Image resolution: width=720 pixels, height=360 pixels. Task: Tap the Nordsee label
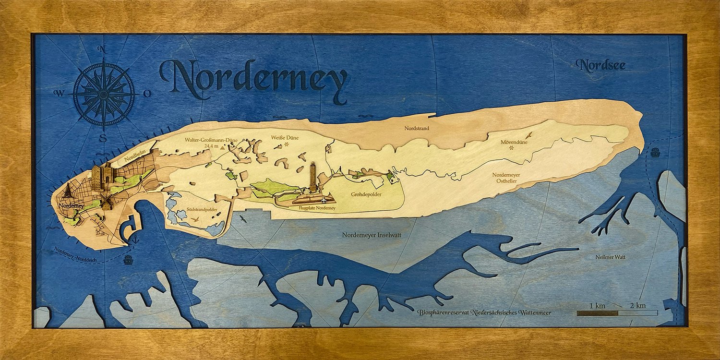[x=602, y=65]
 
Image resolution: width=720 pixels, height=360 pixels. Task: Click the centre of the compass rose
[x=104, y=93]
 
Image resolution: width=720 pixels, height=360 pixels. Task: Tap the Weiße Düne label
[x=285, y=138]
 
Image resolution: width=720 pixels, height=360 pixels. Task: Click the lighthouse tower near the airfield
[x=313, y=178]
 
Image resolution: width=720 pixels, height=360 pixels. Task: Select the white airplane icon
[x=326, y=199]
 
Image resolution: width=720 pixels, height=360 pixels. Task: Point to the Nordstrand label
[x=417, y=129]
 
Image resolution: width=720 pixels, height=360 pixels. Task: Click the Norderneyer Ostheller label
[x=506, y=178]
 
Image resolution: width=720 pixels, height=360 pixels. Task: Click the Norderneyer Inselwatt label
[x=372, y=235]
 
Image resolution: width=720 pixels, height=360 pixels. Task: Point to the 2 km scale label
[x=637, y=306]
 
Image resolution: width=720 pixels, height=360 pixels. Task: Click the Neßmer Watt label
[x=611, y=257]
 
